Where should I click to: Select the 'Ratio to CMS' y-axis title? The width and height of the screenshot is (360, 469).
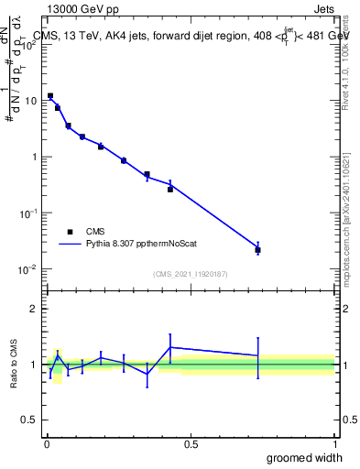[14, 365]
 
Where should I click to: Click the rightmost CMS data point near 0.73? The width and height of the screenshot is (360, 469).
[258, 250]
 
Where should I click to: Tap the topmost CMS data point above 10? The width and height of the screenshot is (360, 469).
[50, 95]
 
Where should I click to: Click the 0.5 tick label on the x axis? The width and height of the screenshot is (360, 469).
[191, 443]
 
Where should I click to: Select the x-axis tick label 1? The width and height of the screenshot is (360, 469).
[334, 443]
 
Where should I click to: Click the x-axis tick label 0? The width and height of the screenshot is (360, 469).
[47, 443]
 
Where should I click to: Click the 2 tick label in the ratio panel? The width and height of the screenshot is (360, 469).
[35, 309]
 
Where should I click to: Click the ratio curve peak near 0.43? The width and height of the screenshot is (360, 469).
[170, 347]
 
